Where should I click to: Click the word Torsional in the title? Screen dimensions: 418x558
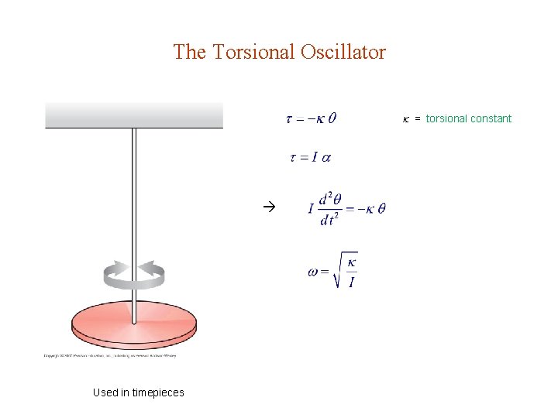[250, 53]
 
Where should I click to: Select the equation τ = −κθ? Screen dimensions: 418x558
[311, 118]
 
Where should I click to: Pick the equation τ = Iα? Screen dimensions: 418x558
[310, 157]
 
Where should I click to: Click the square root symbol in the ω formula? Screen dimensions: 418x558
[339, 269]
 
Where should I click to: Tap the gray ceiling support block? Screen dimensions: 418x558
[134, 115]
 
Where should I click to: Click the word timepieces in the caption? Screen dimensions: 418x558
[158, 392]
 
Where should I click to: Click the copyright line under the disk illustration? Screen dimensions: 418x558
[110, 356]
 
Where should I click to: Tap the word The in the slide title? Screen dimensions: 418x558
[189, 53]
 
